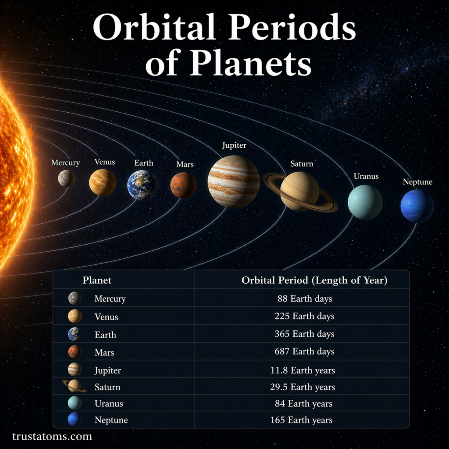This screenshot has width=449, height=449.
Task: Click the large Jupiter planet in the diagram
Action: tap(233, 181)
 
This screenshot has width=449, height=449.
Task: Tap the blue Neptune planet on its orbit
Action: tap(417, 206)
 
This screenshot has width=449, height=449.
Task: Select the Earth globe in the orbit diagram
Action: tap(142, 185)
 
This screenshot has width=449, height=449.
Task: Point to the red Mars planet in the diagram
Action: tap(183, 185)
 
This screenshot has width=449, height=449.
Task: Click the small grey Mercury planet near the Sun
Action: tap(66, 178)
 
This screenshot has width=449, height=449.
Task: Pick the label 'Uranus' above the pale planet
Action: tap(366, 176)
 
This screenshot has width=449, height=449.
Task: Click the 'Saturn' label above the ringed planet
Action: tap(302, 164)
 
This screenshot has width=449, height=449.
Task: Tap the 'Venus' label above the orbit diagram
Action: tap(104, 162)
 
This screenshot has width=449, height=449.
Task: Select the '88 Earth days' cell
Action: tap(304, 299)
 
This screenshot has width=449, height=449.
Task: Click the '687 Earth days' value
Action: tap(304, 352)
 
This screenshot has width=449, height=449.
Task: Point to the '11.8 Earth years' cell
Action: tap(303, 371)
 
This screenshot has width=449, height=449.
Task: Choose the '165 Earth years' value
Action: tap(301, 420)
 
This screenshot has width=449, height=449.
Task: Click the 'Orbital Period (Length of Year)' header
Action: tap(314, 281)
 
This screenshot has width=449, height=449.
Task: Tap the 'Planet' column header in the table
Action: tap(97, 281)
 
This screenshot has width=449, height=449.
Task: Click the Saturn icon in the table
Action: tap(75, 386)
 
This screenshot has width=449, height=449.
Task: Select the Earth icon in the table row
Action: tap(75, 334)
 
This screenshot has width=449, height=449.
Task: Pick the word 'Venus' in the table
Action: tap(106, 317)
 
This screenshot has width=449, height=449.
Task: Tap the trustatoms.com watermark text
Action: tap(52, 437)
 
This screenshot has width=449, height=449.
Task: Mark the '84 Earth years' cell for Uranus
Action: tap(303, 404)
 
